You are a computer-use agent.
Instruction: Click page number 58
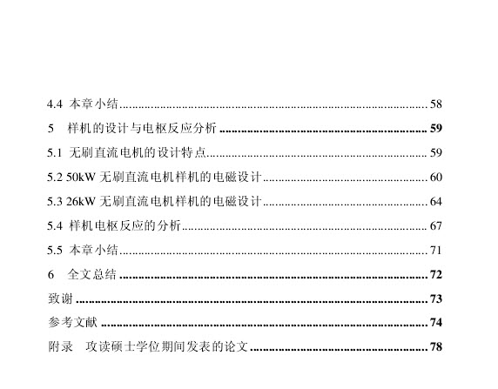(435, 104)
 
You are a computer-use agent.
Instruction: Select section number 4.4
(55, 104)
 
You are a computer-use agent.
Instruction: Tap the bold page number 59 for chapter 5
(435, 128)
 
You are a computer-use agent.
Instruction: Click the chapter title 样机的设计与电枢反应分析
(142, 128)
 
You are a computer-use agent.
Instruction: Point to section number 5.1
(55, 153)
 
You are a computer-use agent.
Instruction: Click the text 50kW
(81, 178)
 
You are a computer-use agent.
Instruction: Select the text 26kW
(81, 202)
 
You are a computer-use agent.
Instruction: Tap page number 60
(435, 178)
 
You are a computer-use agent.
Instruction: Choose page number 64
(435, 202)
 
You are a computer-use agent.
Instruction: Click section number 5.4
(55, 226)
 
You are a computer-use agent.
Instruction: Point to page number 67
(435, 226)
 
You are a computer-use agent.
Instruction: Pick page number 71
(435, 251)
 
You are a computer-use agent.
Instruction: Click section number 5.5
(55, 251)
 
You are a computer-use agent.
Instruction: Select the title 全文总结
(92, 274)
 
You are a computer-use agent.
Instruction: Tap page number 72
(435, 275)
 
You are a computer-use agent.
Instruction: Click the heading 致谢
(60, 298)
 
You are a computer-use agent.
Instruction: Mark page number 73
(435, 298)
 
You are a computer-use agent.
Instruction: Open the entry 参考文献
(73, 322)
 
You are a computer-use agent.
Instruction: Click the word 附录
(60, 346)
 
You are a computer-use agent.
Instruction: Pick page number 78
(435, 346)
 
